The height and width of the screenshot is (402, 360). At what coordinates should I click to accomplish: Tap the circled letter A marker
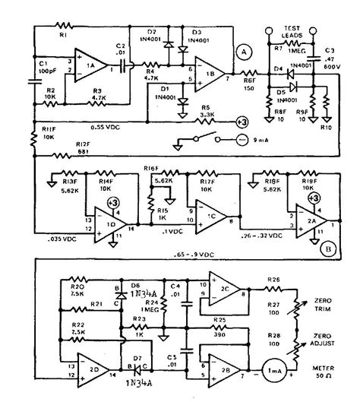pos(243,52)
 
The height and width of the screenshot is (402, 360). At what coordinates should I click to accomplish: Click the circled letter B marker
pos(327,247)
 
